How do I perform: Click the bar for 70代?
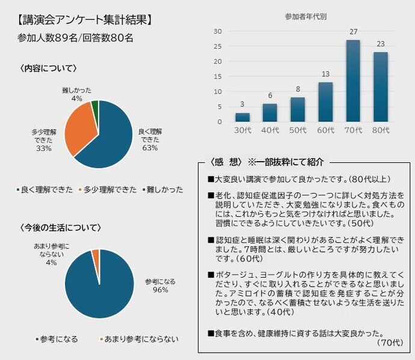coord(352,81)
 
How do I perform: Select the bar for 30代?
coord(242,117)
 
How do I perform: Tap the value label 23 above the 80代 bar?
coord(380,44)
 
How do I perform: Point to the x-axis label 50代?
coord(297,130)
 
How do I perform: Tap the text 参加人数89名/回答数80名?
coord(76,37)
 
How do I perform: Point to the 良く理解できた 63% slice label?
coord(150,140)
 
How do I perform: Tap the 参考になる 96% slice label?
coord(160,285)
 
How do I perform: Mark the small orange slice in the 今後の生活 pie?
coord(95,255)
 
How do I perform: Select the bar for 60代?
coord(325,102)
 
